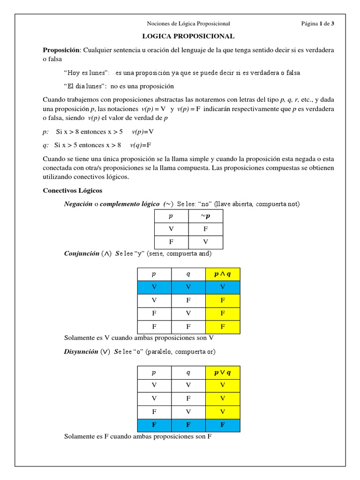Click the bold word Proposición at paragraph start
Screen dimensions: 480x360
(62, 50)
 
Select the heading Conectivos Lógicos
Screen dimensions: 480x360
(72, 191)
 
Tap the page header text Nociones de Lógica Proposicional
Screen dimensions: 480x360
(188, 23)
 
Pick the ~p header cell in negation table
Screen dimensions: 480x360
(205, 216)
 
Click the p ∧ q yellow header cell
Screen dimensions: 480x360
(223, 274)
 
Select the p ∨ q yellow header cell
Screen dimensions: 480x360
(223, 373)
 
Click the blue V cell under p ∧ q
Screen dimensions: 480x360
(223, 287)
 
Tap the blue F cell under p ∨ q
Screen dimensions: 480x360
(223, 425)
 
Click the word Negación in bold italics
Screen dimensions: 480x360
(78, 204)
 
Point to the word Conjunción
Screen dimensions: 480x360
(81, 254)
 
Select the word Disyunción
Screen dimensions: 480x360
(81, 351)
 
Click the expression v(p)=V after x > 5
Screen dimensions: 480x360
(143, 132)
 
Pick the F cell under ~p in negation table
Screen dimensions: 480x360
(205, 229)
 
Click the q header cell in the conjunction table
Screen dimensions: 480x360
(188, 274)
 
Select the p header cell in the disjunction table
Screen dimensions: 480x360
(154, 373)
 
